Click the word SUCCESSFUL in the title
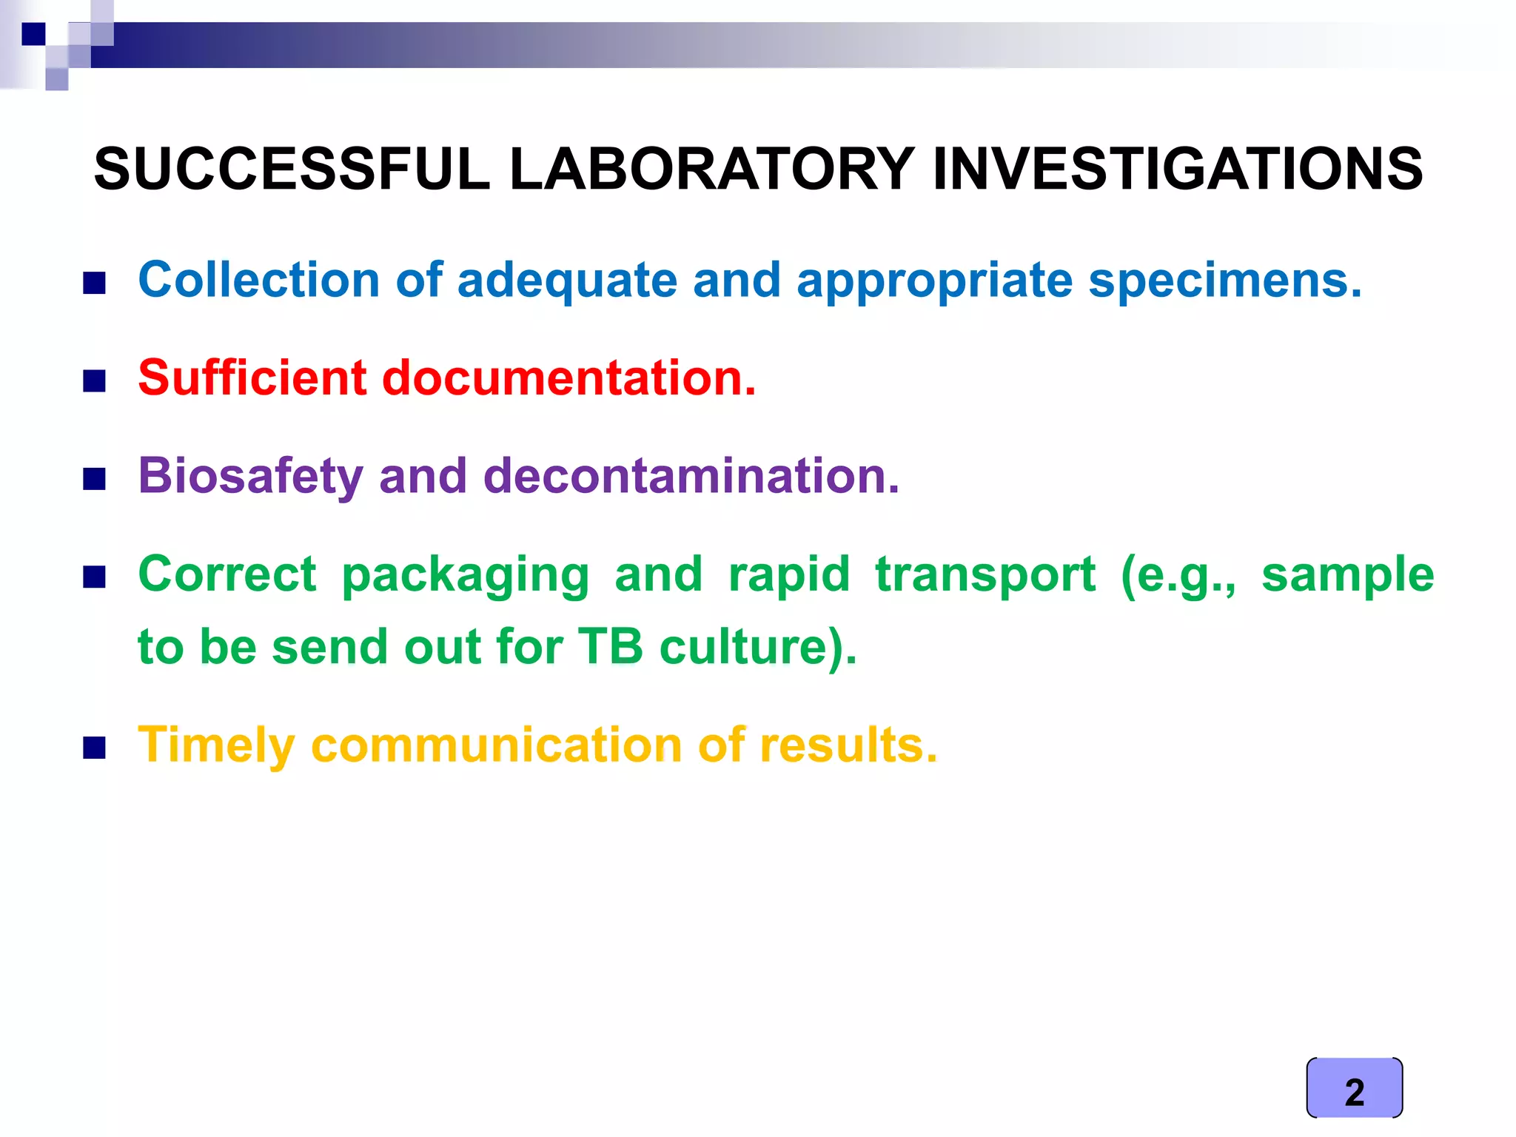pos(292,169)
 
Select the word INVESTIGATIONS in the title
pos(1177,169)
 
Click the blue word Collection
pos(259,281)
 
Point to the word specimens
pos(1225,282)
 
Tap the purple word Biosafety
pos(250,476)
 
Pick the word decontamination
pos(691,475)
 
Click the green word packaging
pos(466,576)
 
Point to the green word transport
pos(985,574)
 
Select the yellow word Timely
pos(217,745)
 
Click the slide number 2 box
pos(1354,1088)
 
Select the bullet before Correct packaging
pos(94,577)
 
